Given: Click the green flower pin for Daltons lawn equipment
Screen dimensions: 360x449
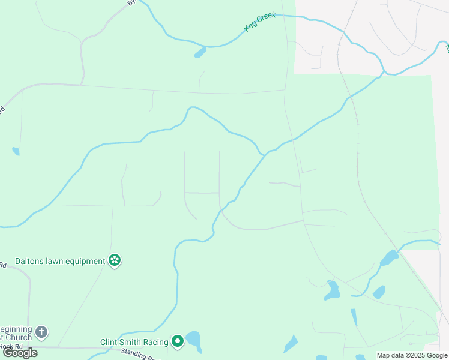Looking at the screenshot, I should (115, 260).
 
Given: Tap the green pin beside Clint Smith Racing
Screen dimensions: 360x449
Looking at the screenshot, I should (178, 341).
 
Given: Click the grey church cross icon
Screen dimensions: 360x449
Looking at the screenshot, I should (41, 331).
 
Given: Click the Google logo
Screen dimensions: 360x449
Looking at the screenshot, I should (20, 353).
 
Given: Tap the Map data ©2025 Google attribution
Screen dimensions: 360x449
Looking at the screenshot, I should (412, 355).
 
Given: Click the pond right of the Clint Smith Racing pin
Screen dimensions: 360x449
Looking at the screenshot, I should (193, 340).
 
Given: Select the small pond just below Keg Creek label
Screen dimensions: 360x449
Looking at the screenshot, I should (200, 53).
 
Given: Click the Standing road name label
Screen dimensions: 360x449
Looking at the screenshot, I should (137, 354).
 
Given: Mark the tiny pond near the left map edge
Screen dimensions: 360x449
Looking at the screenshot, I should (16, 151).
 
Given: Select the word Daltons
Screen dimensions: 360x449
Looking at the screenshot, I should (31, 261).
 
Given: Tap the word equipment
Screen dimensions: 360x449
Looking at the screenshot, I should (85, 261).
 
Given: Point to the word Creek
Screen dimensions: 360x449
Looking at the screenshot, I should (266, 18).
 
